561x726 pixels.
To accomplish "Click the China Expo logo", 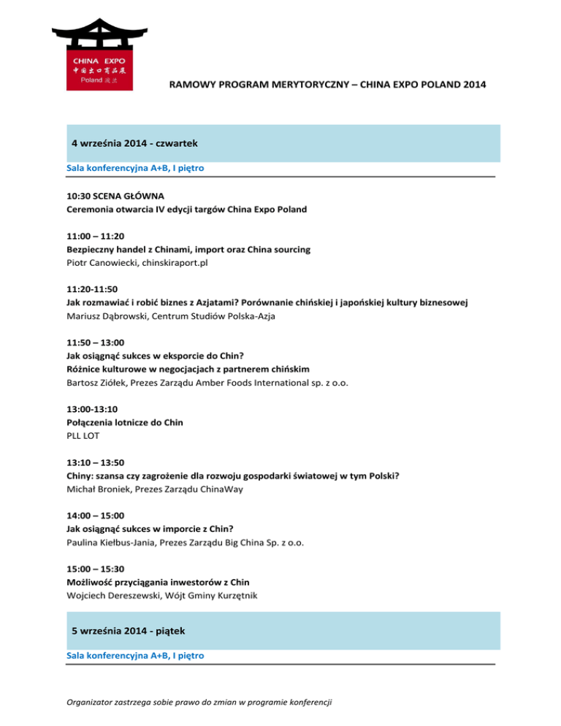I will [x=91, y=54].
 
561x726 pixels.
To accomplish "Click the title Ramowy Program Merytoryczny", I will [x=327, y=85].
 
